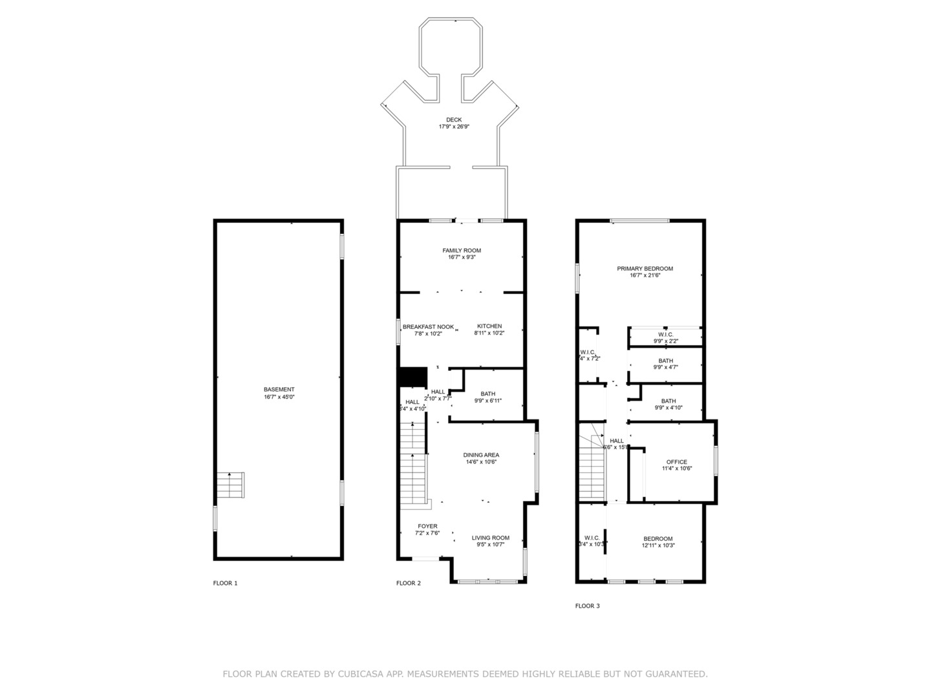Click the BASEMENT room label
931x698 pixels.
point(279,390)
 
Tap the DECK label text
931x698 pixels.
point(454,120)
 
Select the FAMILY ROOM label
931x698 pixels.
point(462,251)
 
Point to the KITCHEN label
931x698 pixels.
point(489,326)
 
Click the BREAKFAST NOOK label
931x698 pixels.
point(428,327)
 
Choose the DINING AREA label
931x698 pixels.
point(481,455)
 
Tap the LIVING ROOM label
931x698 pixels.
point(490,538)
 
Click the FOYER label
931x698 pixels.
point(427,526)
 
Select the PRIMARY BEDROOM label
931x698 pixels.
point(645,269)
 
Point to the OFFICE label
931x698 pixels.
point(676,462)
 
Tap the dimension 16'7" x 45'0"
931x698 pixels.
point(279,397)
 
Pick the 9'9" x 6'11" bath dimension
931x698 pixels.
point(487,401)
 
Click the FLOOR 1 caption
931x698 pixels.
point(226,583)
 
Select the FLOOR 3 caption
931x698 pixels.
point(587,606)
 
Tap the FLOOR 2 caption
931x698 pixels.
point(409,583)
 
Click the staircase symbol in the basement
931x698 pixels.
point(231,485)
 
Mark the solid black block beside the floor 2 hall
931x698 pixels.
point(413,377)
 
